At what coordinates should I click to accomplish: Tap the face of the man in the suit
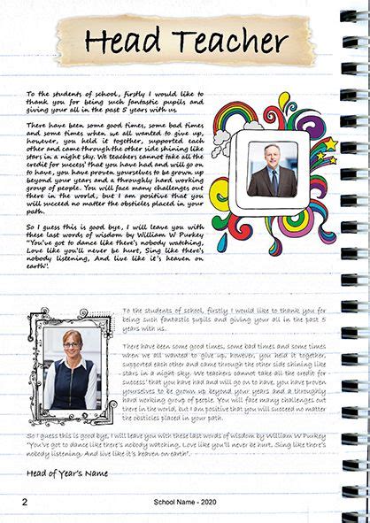[x=271, y=153]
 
